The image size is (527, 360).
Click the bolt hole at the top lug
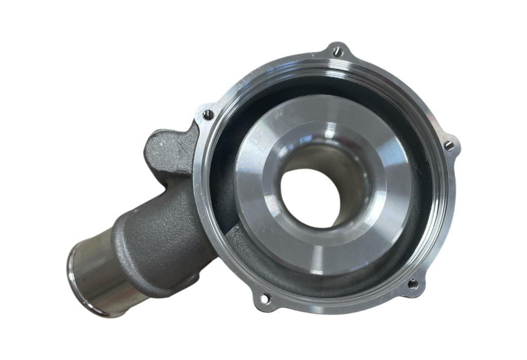coord(337,51)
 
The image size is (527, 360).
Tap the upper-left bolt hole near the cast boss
coord(208,115)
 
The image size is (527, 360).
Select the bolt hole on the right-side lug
coord(449,146)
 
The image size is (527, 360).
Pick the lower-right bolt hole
coord(412,283)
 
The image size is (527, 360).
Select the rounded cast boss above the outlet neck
coord(167,149)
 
